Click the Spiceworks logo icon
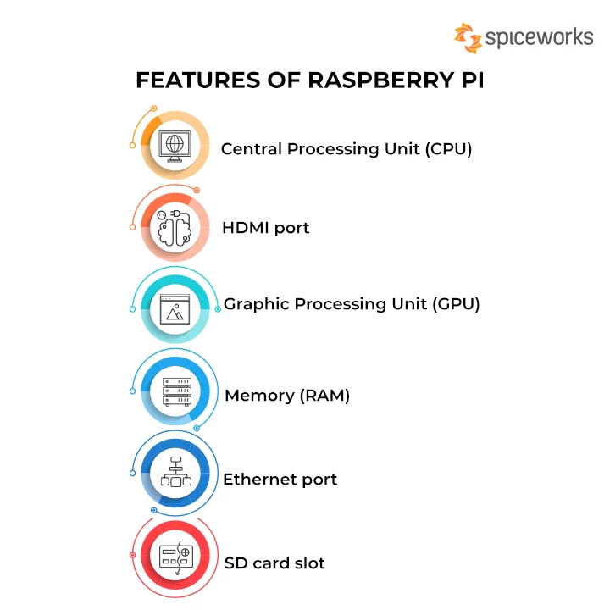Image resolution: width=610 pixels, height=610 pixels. click(x=468, y=36)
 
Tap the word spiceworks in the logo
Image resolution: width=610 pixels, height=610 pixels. click(x=539, y=37)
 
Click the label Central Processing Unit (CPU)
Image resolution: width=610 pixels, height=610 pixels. click(x=346, y=149)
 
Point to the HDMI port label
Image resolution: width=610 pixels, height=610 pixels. click(x=265, y=228)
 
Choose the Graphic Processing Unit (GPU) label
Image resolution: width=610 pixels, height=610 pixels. click(x=351, y=304)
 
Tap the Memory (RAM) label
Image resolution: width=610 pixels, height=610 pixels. click(x=286, y=395)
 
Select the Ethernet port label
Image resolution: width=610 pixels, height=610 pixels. click(x=280, y=480)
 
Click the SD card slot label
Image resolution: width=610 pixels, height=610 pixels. click(x=274, y=563)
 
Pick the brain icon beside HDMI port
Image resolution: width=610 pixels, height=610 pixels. click(x=175, y=227)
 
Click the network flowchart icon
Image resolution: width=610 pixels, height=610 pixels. click(x=176, y=472)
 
